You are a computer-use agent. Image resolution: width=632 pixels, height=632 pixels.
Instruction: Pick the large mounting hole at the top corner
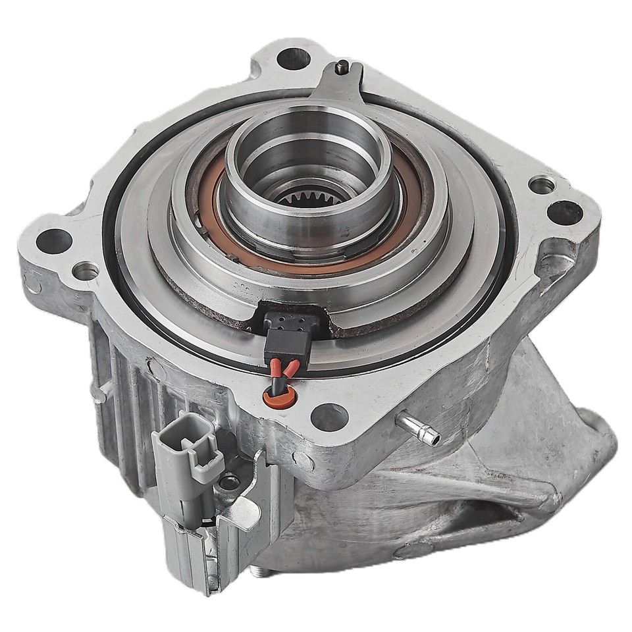292,58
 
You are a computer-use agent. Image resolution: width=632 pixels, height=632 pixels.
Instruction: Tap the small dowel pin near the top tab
342,66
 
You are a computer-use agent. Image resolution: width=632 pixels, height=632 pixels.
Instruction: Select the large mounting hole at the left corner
54,241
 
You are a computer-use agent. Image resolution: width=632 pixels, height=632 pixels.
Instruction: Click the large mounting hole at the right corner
565,213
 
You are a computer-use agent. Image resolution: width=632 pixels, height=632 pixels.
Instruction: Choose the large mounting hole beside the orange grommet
329,416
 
